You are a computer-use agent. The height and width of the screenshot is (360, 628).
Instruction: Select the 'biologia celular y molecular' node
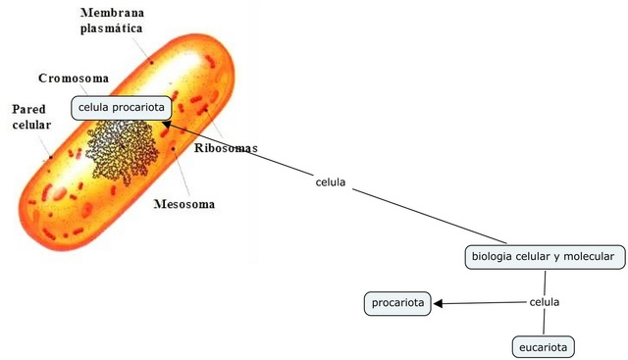coord(543,257)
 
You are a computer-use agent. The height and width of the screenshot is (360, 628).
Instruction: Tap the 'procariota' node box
coord(398,303)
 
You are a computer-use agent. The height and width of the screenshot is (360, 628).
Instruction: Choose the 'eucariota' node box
coord(542,346)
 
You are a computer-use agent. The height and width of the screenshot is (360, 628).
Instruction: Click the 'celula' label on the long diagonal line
coord(330,182)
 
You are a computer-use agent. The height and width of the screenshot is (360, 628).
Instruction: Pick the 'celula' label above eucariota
coord(544,302)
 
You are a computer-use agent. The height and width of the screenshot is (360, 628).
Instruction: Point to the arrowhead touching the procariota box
coord(439,303)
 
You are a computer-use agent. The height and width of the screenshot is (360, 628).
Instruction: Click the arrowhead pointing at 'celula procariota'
coord(168,125)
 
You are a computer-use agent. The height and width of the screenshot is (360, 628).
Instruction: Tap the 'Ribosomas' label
coord(227,148)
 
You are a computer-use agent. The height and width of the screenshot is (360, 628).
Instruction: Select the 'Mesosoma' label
coord(184,205)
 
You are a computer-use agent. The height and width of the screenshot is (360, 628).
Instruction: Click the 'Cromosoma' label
coord(74,77)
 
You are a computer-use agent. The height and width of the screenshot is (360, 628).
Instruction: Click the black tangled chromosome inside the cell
coord(122,149)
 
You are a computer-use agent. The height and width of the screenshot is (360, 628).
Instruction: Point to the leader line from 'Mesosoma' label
coord(181,177)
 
